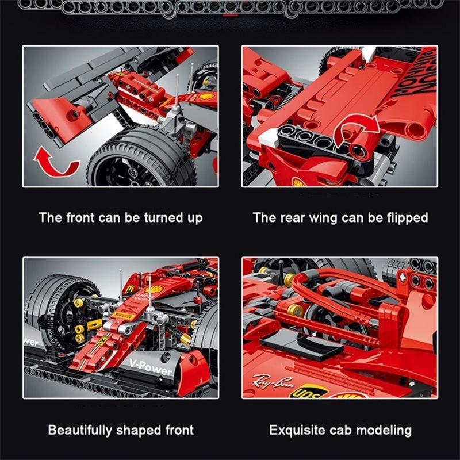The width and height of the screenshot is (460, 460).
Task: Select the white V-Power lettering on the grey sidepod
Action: [x=150, y=366]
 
